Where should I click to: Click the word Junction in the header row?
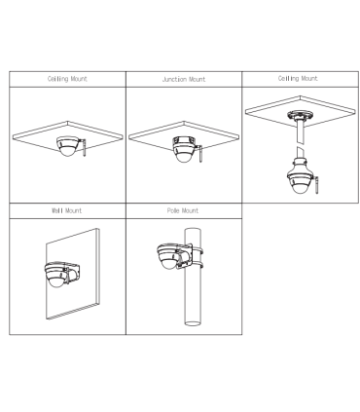[174, 79]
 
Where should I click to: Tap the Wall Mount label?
[67, 210]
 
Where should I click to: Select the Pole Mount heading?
[183, 210]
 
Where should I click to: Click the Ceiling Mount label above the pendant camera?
[298, 79]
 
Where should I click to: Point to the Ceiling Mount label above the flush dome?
[67, 79]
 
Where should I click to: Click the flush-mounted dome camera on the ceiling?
[67, 146]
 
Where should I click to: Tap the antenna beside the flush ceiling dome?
[84, 148]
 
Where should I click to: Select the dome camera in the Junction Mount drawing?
[184, 149]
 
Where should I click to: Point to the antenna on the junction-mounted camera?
[199, 154]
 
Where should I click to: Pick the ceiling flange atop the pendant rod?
[301, 115]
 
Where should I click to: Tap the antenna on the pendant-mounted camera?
[316, 186]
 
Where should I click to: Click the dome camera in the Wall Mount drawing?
[56, 275]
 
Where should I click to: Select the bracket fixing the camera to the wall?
[73, 274]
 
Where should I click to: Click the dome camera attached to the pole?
[168, 256]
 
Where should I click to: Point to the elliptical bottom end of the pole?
[193, 322]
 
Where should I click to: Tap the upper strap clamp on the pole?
[197, 251]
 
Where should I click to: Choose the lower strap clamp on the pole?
[197, 267]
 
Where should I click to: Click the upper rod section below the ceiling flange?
[301, 131]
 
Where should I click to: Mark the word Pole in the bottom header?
[173, 210]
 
